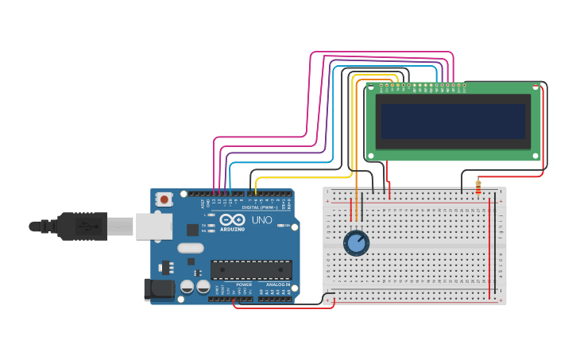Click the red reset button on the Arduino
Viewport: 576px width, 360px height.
tap(164, 199)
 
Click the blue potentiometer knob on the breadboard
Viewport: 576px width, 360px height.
tap(357, 242)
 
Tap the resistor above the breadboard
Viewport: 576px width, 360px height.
tap(478, 187)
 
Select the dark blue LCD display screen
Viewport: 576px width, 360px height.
tap(453, 122)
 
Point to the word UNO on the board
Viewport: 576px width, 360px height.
tap(262, 220)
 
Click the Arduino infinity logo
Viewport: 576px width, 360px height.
tap(233, 219)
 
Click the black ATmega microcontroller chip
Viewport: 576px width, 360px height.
tap(251, 269)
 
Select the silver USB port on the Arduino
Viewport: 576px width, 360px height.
tap(153, 226)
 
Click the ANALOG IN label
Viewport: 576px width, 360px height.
tap(277, 285)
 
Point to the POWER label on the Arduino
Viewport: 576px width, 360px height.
tap(244, 285)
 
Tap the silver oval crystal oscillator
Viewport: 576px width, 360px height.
tap(191, 248)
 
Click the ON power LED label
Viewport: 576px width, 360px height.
tap(284, 225)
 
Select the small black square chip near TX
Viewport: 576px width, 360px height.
tap(193, 230)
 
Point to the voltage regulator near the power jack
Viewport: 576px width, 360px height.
tap(165, 266)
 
